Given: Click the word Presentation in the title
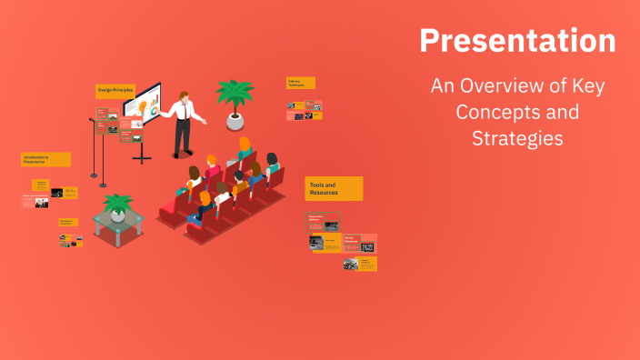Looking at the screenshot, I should tap(516, 41).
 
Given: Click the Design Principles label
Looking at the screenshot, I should tap(115, 91).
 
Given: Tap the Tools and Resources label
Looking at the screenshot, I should tap(333, 188).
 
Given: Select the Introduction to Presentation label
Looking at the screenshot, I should tap(45, 159).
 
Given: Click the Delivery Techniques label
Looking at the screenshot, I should tap(300, 83).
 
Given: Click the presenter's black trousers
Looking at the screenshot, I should tap(183, 136).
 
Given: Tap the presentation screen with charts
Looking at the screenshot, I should tap(143, 107).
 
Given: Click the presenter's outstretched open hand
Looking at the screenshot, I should tap(205, 120).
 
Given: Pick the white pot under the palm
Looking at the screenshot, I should tap(235, 120).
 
